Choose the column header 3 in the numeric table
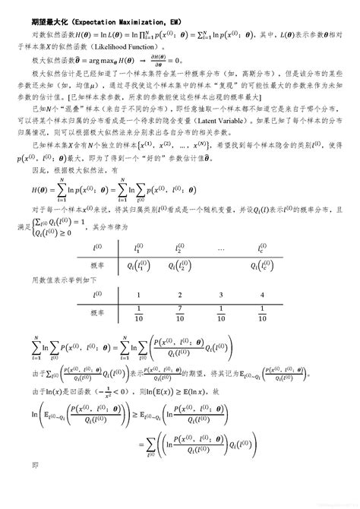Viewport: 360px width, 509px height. (220, 296)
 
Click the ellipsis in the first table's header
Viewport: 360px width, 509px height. (220, 248)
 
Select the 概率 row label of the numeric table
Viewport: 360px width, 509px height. (96, 313)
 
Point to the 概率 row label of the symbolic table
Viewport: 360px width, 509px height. (96, 265)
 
